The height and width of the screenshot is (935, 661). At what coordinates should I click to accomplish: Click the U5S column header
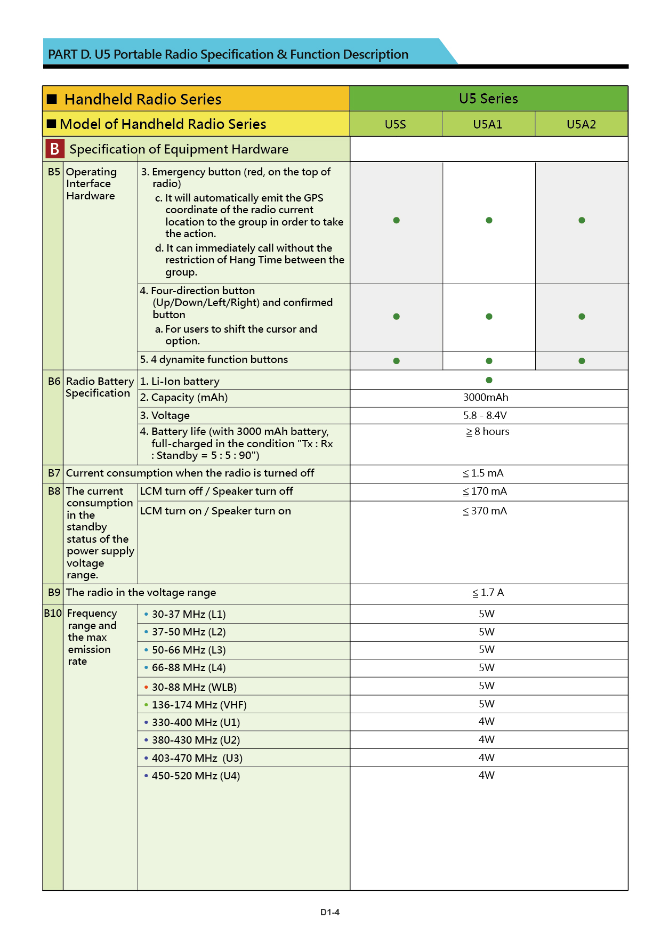click(x=396, y=125)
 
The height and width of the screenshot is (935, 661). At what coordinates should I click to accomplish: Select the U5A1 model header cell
click(x=488, y=125)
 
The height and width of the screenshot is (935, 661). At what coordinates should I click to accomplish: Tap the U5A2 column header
click(x=581, y=125)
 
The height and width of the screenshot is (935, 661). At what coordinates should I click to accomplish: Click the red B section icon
click(x=55, y=149)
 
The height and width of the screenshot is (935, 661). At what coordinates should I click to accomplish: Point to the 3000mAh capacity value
click(x=486, y=398)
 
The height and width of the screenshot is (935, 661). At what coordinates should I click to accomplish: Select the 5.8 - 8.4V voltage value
click(x=485, y=416)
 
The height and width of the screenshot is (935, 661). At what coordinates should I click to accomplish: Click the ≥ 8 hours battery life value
click(x=488, y=432)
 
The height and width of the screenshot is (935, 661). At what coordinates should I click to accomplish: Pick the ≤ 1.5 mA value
click(x=483, y=473)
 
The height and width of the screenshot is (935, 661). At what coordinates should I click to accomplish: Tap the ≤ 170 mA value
click(x=485, y=491)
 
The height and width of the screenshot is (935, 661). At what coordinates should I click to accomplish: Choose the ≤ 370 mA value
click(x=485, y=511)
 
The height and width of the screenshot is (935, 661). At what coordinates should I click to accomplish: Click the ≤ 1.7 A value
click(x=488, y=593)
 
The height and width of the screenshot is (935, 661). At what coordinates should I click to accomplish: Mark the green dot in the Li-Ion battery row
click(x=489, y=380)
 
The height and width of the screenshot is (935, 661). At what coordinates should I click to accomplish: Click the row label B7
click(x=54, y=473)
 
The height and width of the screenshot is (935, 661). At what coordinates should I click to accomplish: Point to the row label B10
click(x=53, y=614)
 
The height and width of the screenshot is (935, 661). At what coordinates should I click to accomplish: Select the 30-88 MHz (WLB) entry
click(x=194, y=688)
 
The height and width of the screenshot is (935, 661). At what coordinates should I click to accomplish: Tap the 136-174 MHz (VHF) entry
click(x=199, y=705)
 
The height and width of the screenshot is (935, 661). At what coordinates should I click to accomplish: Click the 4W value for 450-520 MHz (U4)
click(x=486, y=776)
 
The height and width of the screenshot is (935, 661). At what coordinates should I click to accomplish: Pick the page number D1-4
click(x=330, y=913)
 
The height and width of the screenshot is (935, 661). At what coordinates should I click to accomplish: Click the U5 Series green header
click(x=488, y=99)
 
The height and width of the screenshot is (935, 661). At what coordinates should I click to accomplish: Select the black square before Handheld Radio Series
click(x=52, y=99)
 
